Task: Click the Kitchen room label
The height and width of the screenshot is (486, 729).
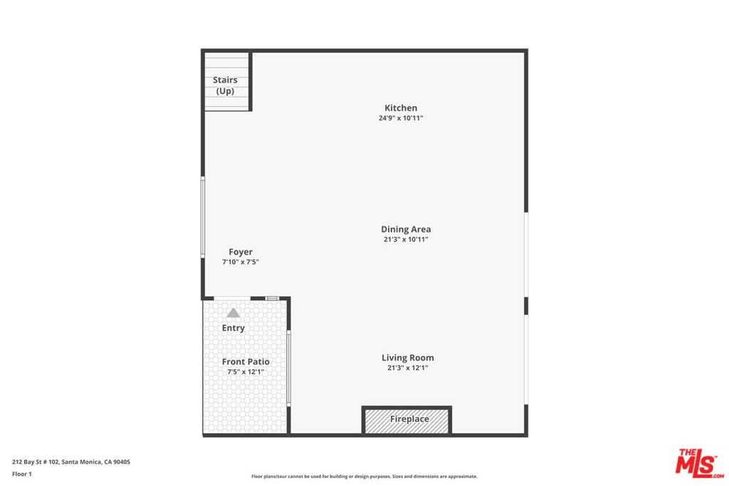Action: (401, 107)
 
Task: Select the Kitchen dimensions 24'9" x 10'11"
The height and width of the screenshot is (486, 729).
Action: (401, 118)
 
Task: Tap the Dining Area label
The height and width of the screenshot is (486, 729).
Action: (406, 229)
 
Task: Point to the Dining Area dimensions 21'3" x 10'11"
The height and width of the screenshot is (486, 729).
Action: (406, 239)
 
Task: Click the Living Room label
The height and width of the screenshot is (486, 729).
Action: (408, 358)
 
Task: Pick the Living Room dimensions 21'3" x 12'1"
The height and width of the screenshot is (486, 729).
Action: (408, 368)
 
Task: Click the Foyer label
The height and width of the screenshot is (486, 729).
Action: (241, 252)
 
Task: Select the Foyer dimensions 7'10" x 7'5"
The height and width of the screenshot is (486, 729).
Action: (241, 262)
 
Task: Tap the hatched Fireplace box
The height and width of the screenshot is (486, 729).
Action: (407, 420)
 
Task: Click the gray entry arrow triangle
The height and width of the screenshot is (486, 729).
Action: (233, 312)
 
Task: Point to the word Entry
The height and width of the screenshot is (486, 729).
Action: (233, 328)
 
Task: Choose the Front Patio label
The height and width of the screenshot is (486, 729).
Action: (246, 361)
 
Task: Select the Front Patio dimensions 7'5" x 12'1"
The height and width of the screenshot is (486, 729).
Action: (246, 371)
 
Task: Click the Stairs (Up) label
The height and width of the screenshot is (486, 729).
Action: (225, 85)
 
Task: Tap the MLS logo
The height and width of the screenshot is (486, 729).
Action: (700, 463)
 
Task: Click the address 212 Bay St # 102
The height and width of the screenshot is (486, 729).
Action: (36, 462)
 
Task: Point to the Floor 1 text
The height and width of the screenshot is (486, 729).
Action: (22, 474)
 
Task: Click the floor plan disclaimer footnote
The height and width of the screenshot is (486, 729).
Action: (364, 476)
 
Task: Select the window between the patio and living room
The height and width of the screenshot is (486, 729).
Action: (289, 368)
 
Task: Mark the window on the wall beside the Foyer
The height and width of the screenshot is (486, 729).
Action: (203, 217)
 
